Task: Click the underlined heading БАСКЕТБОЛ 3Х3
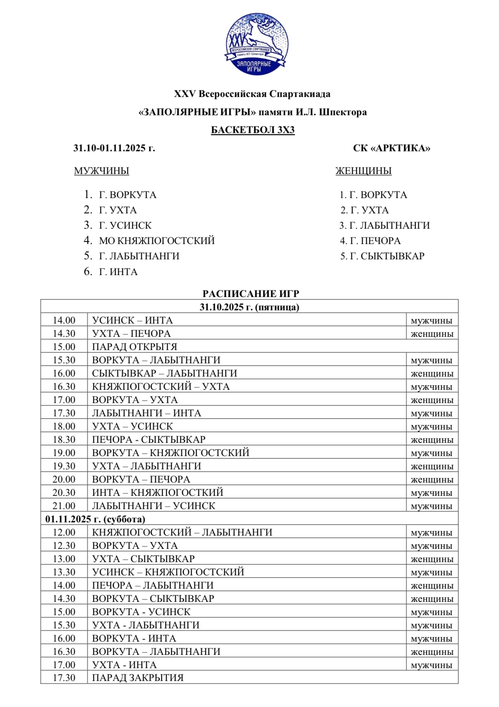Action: tap(253, 130)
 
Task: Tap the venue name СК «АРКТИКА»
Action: tap(391, 148)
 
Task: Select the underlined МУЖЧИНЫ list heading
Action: tap(101, 171)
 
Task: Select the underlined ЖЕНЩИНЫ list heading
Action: tap(363, 171)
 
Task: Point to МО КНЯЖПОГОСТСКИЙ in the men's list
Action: tap(157, 241)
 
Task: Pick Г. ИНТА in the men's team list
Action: tap(118, 272)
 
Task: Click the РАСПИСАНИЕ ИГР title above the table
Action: tap(251, 294)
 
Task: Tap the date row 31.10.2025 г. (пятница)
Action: tap(249, 307)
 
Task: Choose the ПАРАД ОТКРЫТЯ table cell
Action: tap(135, 347)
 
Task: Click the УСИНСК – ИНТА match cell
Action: tap(133, 320)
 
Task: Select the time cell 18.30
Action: tap(64, 439)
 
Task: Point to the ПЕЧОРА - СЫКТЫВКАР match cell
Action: tap(149, 439)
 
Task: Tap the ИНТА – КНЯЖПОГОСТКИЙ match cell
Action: tap(157, 492)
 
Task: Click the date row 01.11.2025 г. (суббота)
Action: tap(95, 519)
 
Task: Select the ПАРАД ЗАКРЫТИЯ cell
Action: tap(137, 678)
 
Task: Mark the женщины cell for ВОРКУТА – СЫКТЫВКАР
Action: tap(432, 598)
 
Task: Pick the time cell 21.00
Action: tap(64, 506)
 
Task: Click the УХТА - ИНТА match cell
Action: tap(124, 665)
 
